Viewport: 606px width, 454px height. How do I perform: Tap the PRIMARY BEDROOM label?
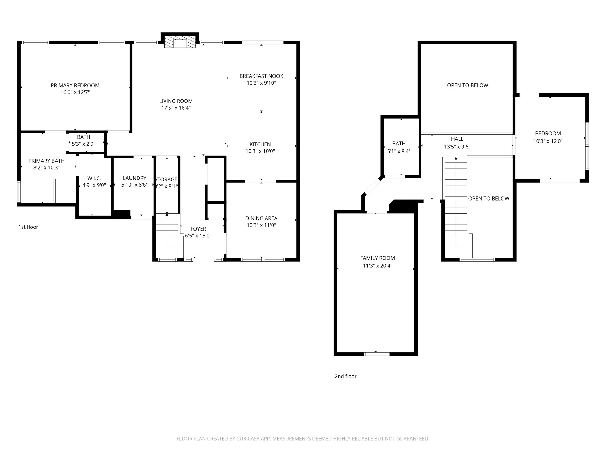pyautogui.click(x=75, y=85)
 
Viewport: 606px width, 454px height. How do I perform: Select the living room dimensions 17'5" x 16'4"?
pyautogui.click(x=176, y=108)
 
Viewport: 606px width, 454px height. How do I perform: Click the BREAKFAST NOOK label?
pyautogui.click(x=261, y=76)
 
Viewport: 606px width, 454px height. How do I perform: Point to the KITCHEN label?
pyautogui.click(x=260, y=144)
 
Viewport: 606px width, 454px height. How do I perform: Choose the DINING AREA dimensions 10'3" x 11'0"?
pyautogui.click(x=261, y=225)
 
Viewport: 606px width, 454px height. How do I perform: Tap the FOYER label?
pyautogui.click(x=198, y=229)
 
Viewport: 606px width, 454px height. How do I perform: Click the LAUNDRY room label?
pyautogui.click(x=134, y=178)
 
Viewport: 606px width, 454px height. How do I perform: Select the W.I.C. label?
pyautogui.click(x=94, y=179)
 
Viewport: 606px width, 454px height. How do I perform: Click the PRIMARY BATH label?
pyautogui.click(x=47, y=161)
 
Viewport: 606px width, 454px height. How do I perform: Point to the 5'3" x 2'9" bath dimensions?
pyautogui.click(x=84, y=144)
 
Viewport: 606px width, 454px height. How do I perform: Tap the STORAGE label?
pyautogui.click(x=166, y=179)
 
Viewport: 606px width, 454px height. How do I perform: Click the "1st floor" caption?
pyautogui.click(x=28, y=227)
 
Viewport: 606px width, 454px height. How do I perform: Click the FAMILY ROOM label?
pyautogui.click(x=378, y=258)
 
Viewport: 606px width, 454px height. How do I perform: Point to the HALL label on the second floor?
pyautogui.click(x=457, y=139)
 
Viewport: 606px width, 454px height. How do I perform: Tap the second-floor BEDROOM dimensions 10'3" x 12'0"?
pyautogui.click(x=548, y=141)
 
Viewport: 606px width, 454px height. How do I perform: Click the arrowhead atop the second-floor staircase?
pyautogui.click(x=456, y=158)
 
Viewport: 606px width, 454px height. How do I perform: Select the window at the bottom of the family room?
pyautogui.click(x=377, y=354)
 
